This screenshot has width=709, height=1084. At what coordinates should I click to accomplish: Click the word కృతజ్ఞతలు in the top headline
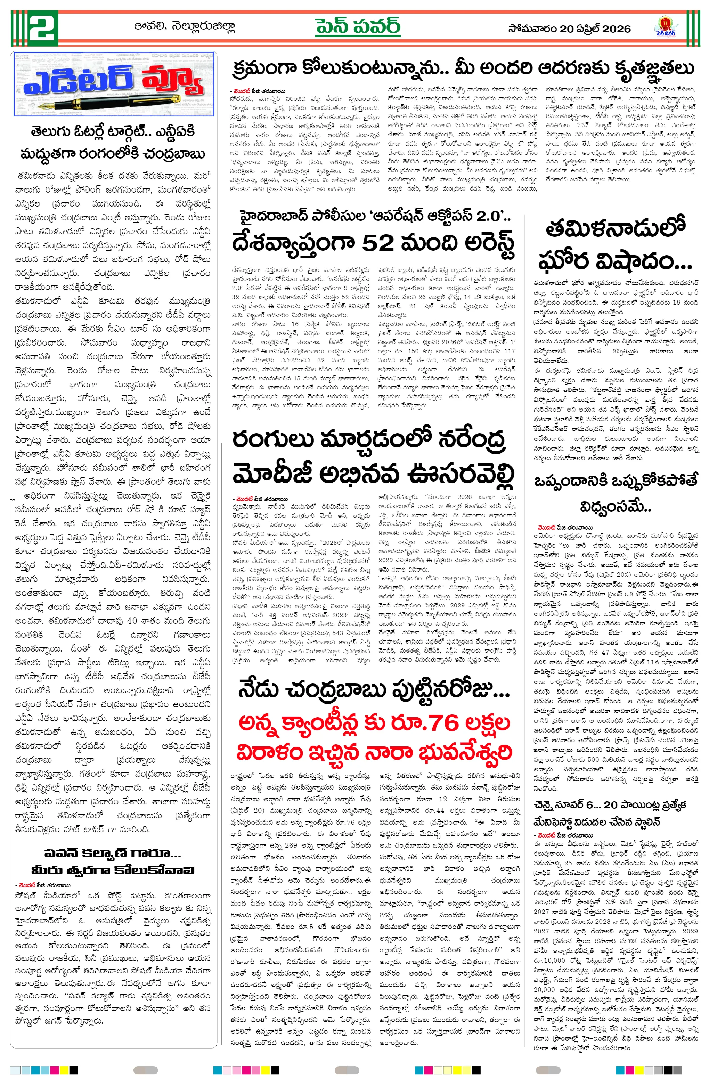pos(654,68)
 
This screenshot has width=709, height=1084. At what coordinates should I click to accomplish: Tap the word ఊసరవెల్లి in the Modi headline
pos(460,474)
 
